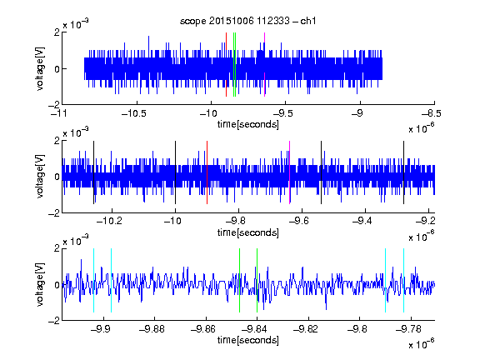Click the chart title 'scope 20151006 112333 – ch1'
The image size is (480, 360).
click(x=247, y=21)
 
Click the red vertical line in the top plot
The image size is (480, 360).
click(x=226, y=65)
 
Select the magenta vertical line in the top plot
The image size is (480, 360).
click(x=264, y=65)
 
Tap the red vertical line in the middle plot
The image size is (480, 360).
click(x=207, y=172)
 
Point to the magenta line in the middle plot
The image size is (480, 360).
click(x=290, y=172)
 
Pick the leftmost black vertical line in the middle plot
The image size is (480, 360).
click(x=93, y=172)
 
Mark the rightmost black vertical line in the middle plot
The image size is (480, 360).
click(x=404, y=172)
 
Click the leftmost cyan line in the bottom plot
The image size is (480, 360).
click(x=93, y=280)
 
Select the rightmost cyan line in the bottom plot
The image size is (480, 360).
click(x=404, y=280)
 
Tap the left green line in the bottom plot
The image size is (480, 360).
click(x=240, y=280)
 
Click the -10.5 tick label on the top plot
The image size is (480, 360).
click(x=134, y=114)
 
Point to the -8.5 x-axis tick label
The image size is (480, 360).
click(x=431, y=114)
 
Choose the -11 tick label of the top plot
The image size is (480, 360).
click(x=59, y=114)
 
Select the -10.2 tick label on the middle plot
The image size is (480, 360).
click(x=109, y=221)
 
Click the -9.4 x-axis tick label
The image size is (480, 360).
click(x=362, y=221)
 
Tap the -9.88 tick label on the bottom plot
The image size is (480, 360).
click(x=152, y=329)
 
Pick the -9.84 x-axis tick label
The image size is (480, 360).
click(x=254, y=329)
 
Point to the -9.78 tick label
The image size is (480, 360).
click(x=408, y=329)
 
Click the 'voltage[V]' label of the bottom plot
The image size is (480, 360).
click(x=40, y=284)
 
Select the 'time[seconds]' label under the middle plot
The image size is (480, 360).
click(x=248, y=232)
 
